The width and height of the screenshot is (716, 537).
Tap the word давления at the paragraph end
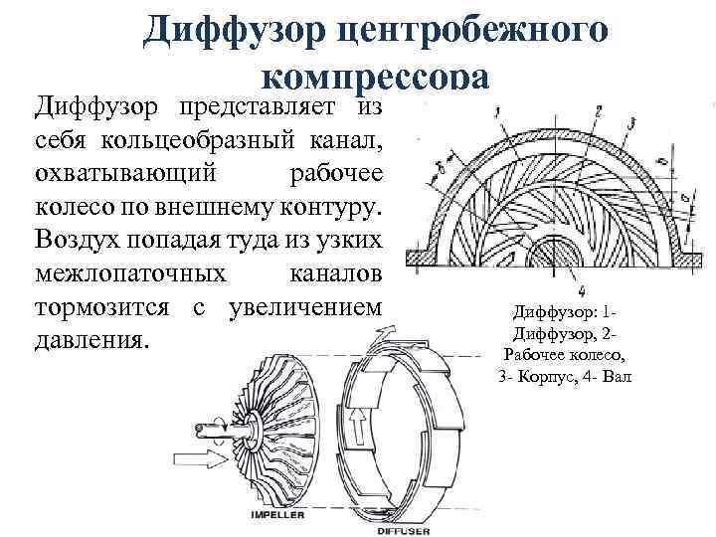point(90,342)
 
